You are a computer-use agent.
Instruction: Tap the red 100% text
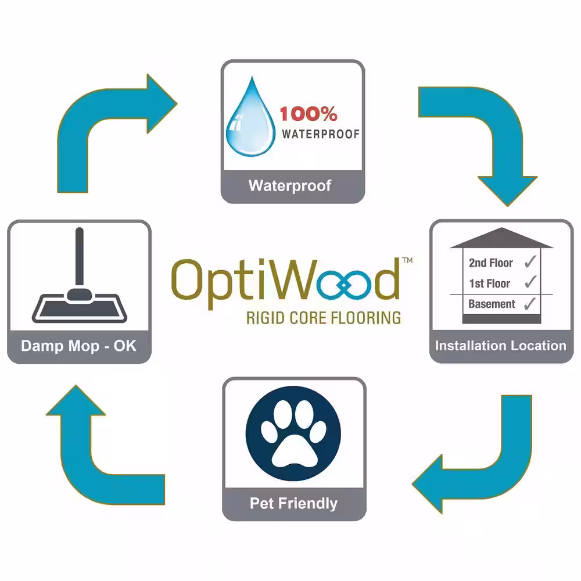click(x=309, y=114)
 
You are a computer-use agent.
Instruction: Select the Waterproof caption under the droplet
click(x=290, y=186)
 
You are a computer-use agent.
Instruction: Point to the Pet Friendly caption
click(x=293, y=503)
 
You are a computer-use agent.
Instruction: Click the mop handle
click(x=79, y=257)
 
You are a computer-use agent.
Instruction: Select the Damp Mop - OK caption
click(x=78, y=346)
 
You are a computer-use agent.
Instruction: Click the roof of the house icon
click(x=501, y=238)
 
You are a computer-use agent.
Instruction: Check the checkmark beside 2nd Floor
click(x=530, y=261)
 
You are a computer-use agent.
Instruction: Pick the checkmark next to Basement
click(x=530, y=303)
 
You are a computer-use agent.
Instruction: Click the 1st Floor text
click(x=489, y=284)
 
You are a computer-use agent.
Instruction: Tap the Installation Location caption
click(x=501, y=346)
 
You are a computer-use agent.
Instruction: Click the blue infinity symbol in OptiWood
click(x=344, y=285)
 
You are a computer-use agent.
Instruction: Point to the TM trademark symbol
click(x=407, y=260)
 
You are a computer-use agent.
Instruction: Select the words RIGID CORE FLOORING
click(x=324, y=318)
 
